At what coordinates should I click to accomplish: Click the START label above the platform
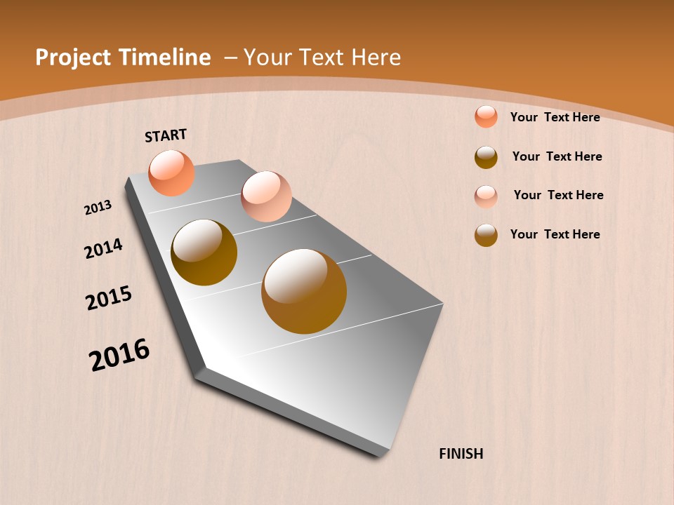coord(166,135)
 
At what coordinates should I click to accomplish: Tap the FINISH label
coord(461,454)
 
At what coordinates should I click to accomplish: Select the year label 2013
coord(98,208)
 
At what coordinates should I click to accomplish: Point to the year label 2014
coord(103,249)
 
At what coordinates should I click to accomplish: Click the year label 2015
coord(109,298)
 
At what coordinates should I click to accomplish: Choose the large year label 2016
coord(119,355)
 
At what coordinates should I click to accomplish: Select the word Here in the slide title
coord(376,58)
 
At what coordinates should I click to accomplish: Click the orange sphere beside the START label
coord(171,173)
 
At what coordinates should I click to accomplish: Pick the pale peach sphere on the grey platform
coord(266,196)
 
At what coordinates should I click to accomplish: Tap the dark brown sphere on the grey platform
coord(204,252)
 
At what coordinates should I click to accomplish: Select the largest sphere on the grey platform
coord(304,291)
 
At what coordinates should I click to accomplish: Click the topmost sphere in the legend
coord(486,116)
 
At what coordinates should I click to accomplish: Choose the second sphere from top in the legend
coord(486,157)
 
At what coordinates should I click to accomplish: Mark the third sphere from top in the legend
coord(486,196)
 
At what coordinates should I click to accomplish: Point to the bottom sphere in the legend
coord(486,235)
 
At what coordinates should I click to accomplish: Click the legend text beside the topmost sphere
coord(555,117)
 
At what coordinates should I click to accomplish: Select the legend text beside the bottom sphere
coord(555,234)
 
